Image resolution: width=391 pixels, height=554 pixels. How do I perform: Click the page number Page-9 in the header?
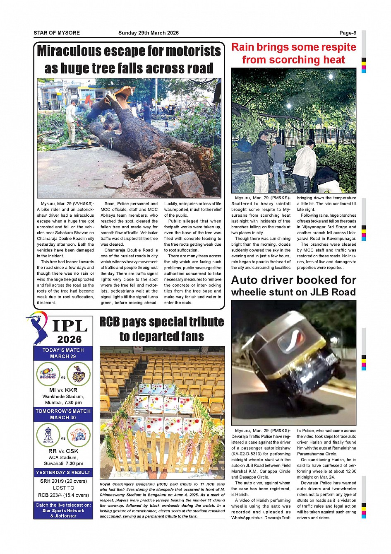348,33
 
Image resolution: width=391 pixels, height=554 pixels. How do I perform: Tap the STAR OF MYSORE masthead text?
57,33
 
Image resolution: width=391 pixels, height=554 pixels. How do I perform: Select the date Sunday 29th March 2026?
149,33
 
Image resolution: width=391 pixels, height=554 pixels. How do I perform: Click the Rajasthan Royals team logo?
48,436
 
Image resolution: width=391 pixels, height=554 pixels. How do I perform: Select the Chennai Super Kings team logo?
79,436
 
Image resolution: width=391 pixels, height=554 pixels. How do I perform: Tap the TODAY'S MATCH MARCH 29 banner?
63,353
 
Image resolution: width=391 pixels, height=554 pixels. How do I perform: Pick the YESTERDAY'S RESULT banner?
63,472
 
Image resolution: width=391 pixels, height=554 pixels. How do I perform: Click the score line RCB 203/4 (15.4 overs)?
63,495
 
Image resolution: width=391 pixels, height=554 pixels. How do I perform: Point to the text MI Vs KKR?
63,390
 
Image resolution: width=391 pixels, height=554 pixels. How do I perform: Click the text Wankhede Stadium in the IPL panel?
63,397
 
